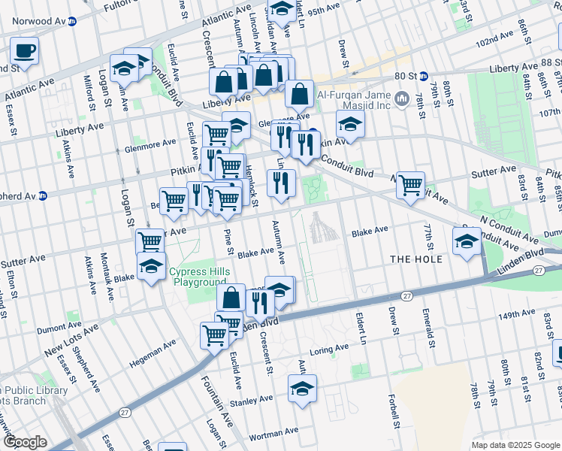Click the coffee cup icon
[25, 52]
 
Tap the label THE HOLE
[411, 259]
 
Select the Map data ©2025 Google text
[515, 445]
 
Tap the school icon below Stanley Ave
[303, 389]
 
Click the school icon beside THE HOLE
[467, 241]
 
